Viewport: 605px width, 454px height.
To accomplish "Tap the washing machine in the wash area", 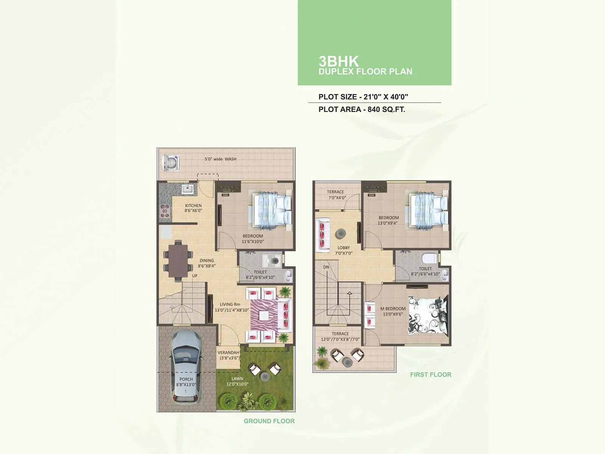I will point(171,163).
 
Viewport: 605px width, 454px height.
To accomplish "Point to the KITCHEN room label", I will point(193,208).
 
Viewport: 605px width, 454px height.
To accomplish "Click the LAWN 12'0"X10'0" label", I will point(237,381).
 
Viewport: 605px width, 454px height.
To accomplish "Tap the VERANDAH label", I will point(228,355).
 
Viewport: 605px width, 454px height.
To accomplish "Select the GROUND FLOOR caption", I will point(269,421).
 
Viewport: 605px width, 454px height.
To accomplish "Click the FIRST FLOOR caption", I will point(431,375).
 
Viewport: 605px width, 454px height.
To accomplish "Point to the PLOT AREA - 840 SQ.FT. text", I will point(361,109).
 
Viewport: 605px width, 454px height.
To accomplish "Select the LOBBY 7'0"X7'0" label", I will point(344,250).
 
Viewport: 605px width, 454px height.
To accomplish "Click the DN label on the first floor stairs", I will point(326,267).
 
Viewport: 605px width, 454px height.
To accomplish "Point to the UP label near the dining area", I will point(194,276).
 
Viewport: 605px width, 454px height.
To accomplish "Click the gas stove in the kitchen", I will point(164,211).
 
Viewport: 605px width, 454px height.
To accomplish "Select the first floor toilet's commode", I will point(429,258).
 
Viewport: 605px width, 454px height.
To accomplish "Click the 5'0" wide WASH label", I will point(220,159).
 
